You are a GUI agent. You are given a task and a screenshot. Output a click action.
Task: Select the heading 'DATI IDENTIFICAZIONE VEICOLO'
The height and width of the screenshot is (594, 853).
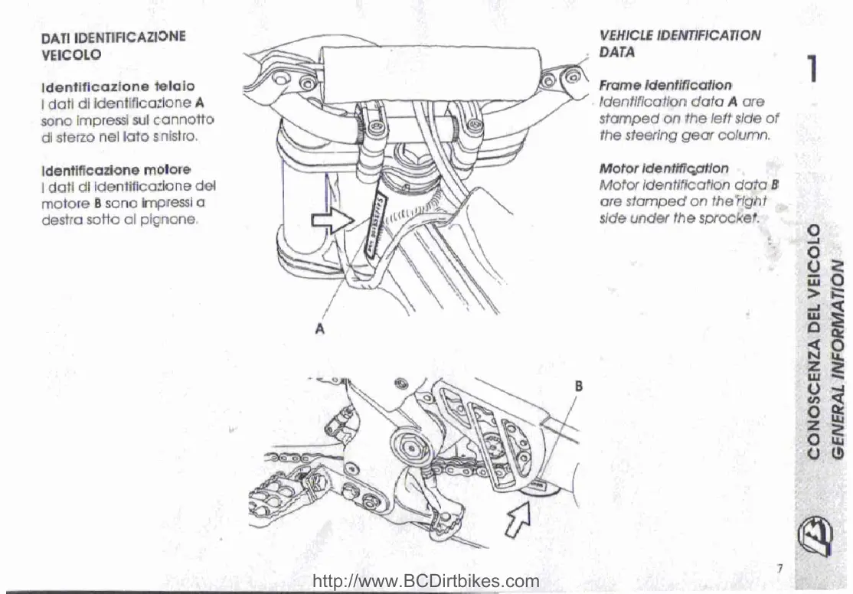click(113, 45)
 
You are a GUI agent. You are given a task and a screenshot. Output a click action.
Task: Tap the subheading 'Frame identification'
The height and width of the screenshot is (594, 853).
click(665, 85)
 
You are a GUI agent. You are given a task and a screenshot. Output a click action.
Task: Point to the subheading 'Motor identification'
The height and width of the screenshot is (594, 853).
click(664, 168)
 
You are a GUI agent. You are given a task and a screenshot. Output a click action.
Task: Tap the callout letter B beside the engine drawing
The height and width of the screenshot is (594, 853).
click(579, 387)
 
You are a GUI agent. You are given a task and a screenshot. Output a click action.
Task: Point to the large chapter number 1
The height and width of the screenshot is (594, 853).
click(815, 71)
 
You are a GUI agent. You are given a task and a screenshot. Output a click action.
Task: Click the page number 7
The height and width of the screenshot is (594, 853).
click(779, 568)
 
